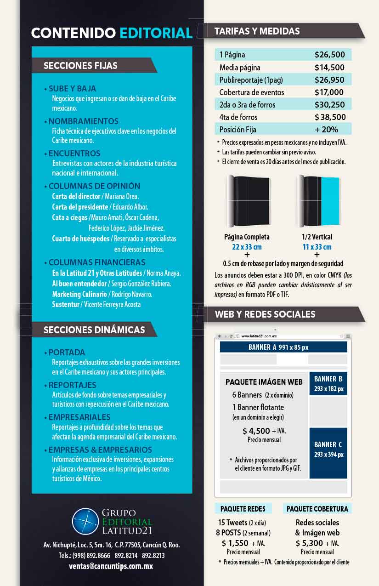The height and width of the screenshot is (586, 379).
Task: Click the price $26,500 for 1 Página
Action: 329,55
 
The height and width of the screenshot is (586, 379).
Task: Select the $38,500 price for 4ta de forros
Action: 330,117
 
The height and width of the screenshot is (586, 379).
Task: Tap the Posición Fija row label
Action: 238,130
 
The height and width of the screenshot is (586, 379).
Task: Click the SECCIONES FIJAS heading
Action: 80,66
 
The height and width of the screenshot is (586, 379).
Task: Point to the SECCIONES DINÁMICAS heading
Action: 94,330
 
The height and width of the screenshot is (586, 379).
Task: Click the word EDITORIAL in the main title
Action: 156,33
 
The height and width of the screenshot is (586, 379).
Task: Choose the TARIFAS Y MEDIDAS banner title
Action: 257,31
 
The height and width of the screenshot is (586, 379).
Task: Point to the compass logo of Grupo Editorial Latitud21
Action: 85,521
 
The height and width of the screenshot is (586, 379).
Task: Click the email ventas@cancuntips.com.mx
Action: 111,566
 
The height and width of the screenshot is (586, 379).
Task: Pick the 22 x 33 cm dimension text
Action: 247,247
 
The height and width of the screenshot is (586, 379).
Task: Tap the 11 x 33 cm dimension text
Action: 317,247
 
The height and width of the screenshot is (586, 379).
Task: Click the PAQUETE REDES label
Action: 243,509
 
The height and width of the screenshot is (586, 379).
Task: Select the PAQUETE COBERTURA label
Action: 317,509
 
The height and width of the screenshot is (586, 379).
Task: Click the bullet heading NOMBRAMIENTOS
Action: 83,121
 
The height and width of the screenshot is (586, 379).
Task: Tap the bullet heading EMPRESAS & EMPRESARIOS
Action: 100,449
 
